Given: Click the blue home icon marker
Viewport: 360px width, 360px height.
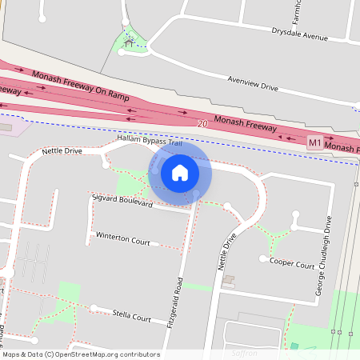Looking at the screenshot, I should click(x=180, y=172).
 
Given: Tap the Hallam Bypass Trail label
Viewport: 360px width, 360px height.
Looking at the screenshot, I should click(x=150, y=140).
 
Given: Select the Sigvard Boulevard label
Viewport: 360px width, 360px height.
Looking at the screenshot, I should click(x=122, y=199).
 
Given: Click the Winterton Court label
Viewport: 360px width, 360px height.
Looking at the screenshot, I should click(x=122, y=238).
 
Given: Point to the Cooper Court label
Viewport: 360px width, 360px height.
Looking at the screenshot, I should click(x=292, y=263).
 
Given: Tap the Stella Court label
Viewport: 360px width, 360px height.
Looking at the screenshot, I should click(x=132, y=318).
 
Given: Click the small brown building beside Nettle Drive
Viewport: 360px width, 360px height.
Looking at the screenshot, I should click(x=229, y=280).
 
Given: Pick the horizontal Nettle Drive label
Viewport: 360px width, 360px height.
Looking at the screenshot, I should click(x=62, y=150).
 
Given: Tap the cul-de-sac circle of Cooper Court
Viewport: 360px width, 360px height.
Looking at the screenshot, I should click(x=264, y=258).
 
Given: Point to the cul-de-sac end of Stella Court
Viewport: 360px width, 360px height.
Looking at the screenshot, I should click(x=94, y=307).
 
